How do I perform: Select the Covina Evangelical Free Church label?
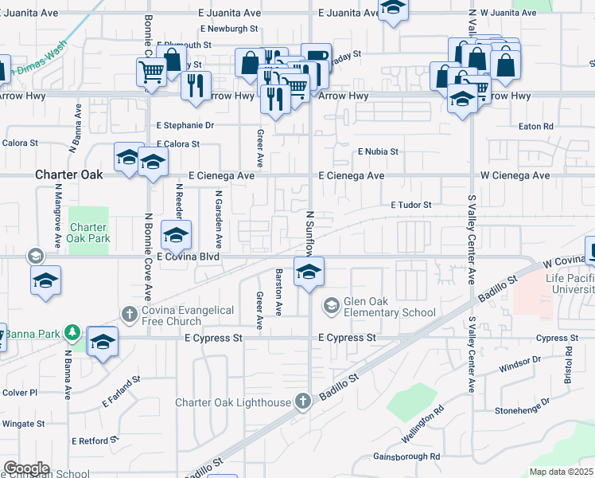point(188,315)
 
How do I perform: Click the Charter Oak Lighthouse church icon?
point(302,402)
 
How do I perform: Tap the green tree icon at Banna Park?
point(72,330)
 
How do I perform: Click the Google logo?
point(27,468)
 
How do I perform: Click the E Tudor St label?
point(410,205)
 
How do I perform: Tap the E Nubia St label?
point(377,151)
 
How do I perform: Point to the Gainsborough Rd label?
point(406,456)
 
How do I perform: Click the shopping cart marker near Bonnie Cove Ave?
point(151,72)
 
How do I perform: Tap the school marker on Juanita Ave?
point(391,10)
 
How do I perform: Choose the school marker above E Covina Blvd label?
point(176,235)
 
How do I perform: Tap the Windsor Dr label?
point(519,365)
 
